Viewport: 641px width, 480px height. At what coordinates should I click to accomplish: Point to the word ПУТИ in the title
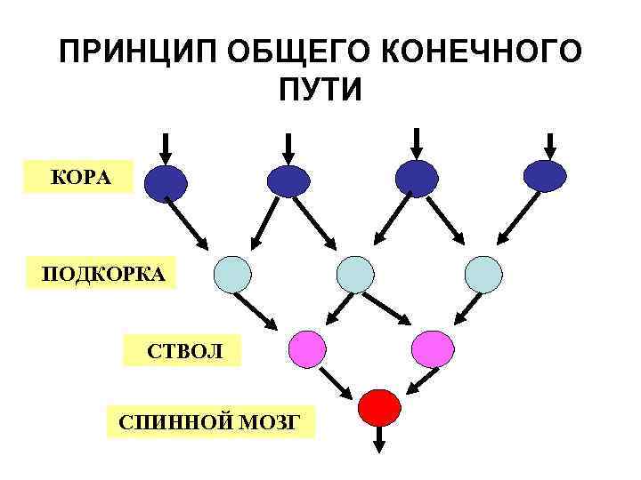pos(320,90)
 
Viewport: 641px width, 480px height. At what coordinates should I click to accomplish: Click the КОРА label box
pos(79,177)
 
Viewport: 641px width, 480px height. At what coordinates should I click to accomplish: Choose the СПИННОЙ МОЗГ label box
pos(210,420)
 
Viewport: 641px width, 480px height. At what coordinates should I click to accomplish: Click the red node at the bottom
pos(379,407)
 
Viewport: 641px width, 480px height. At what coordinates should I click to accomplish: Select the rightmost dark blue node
pos(545,176)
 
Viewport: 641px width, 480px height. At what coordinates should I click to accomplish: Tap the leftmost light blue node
pos(233,274)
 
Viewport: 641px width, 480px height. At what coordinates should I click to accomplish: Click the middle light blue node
pos(356,274)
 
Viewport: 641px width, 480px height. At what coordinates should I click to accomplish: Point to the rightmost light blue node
pos(484,274)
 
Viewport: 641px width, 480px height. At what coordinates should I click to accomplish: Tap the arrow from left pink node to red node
pos(337,382)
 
